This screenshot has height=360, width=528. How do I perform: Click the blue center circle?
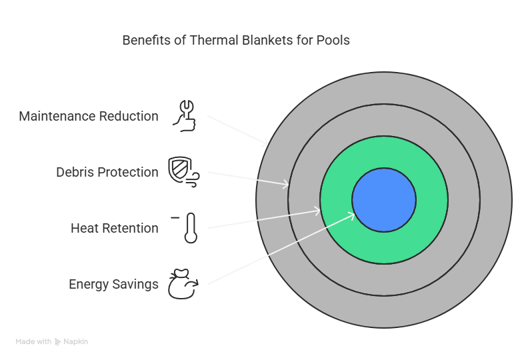click(x=384, y=200)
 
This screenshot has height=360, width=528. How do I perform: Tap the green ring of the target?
click(x=384, y=247)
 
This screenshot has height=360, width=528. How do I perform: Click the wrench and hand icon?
click(x=185, y=116)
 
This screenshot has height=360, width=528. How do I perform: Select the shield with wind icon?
click(x=183, y=172)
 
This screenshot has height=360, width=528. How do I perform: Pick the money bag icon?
click(x=183, y=284)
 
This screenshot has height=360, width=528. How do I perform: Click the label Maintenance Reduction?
click(x=89, y=116)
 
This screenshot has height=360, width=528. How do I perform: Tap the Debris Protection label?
click(x=107, y=172)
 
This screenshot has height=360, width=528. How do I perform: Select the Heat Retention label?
click(x=115, y=228)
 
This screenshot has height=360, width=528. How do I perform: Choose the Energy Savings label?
click(x=113, y=285)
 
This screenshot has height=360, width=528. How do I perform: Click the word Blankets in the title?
click(x=267, y=40)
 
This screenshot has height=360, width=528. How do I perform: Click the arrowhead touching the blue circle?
click(x=352, y=215)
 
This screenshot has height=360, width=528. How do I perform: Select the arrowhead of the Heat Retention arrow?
click(x=317, y=211)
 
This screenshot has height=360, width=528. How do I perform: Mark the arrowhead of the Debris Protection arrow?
click(x=285, y=184)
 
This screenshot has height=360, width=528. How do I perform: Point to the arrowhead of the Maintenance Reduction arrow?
click(x=266, y=143)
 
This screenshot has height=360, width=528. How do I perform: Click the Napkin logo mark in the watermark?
click(x=57, y=342)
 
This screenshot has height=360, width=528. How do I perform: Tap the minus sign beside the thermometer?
click(x=175, y=218)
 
